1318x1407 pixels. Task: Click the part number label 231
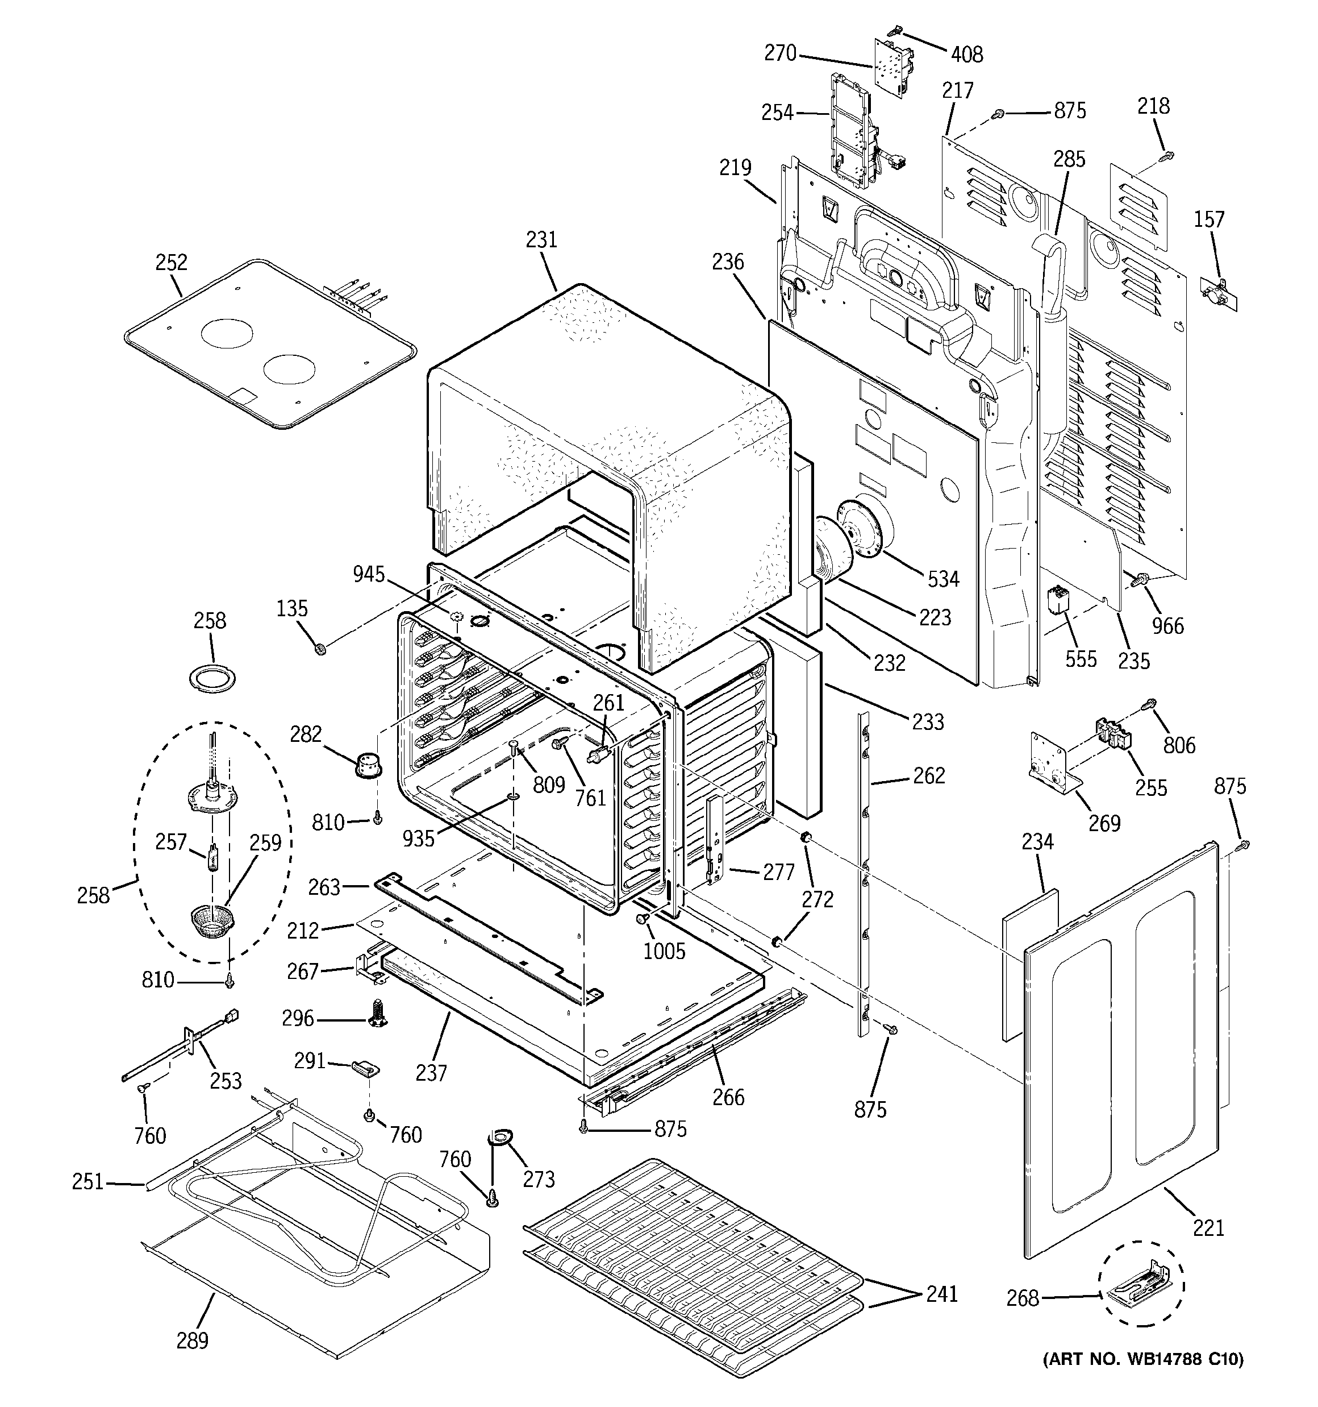click(x=541, y=240)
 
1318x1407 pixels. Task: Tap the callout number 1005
click(x=664, y=951)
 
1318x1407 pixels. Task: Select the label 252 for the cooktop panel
click(x=171, y=262)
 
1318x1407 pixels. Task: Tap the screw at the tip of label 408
click(x=896, y=31)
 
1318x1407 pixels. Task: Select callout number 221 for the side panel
click(x=1208, y=1227)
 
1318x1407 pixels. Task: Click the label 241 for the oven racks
click(x=941, y=1293)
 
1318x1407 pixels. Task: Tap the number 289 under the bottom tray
click(x=193, y=1340)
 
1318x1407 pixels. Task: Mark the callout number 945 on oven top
click(x=369, y=574)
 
